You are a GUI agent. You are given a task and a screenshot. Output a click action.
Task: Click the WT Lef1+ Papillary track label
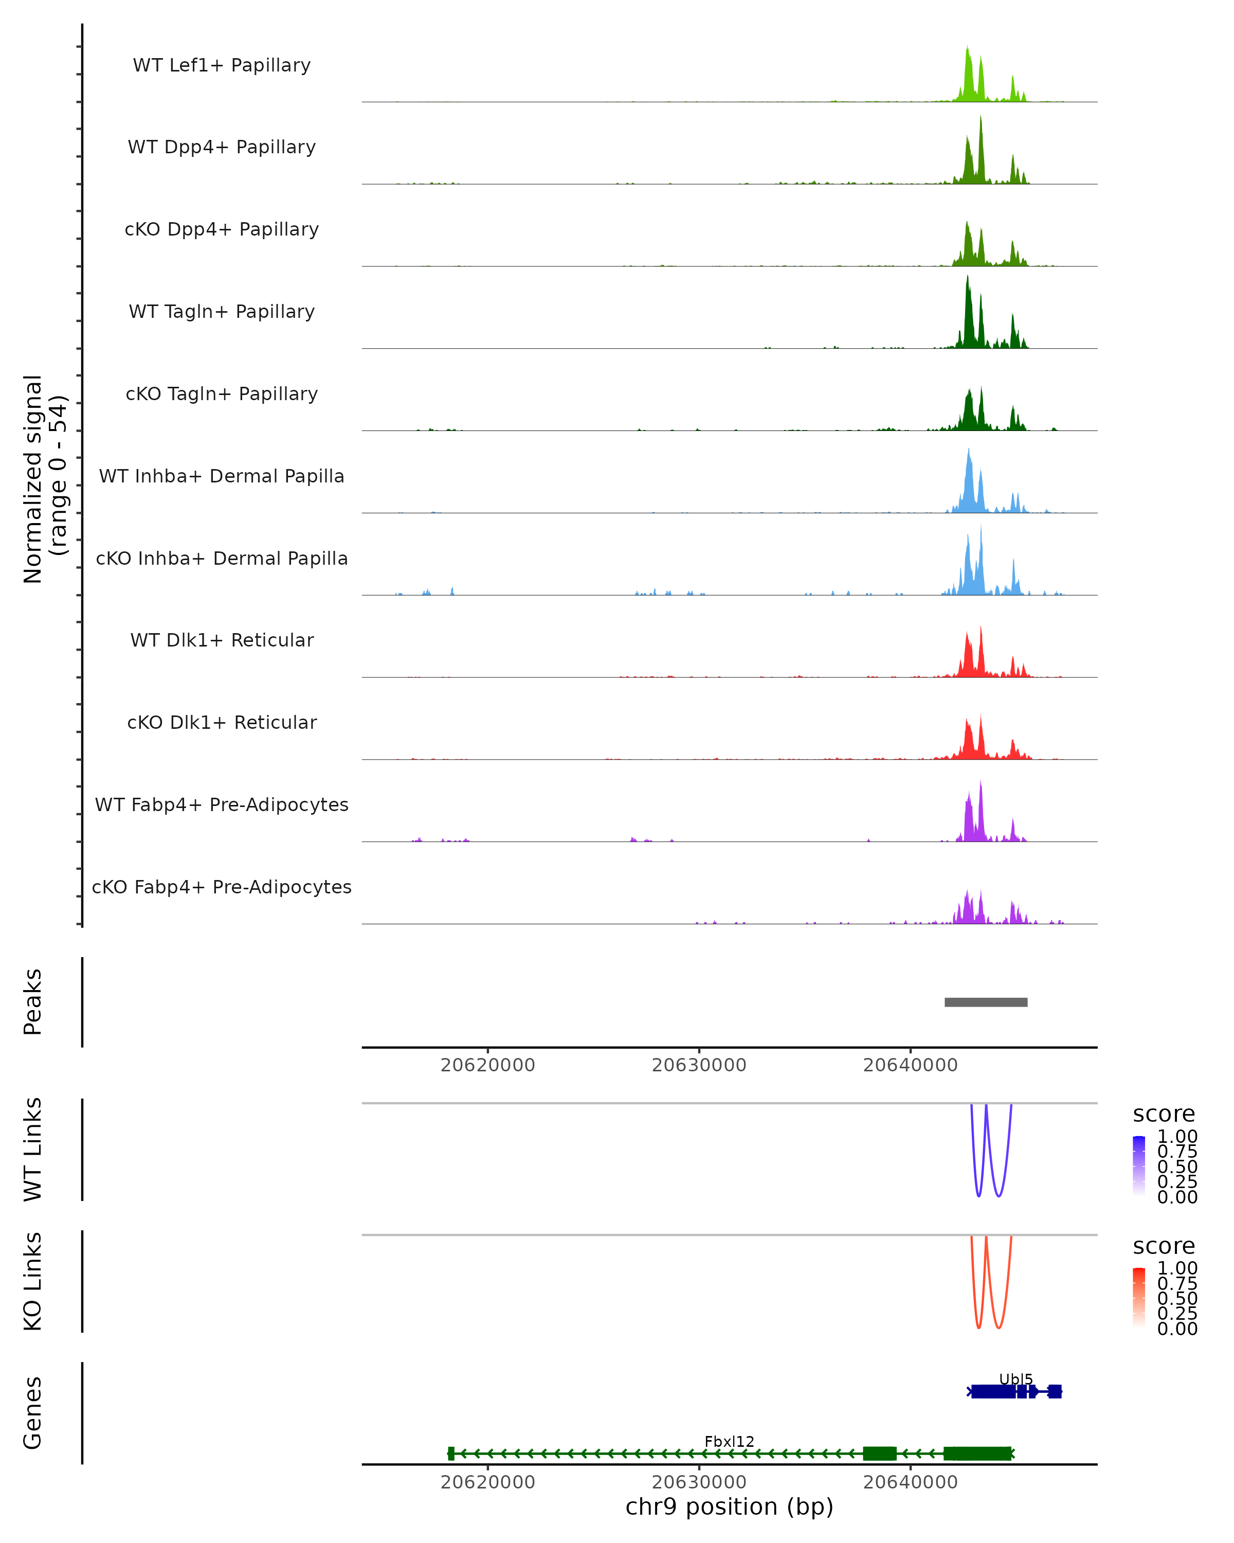pos(222,65)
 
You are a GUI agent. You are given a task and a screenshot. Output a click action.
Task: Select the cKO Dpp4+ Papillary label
pos(222,230)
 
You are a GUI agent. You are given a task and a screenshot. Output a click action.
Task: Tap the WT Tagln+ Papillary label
pos(222,312)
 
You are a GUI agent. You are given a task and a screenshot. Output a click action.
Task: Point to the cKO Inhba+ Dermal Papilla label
pos(222,559)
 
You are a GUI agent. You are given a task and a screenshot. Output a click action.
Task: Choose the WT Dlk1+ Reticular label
pos(222,640)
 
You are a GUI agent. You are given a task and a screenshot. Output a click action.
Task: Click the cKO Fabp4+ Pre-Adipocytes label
pos(222,887)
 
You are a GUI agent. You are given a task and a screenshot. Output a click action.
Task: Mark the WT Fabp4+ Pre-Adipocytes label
pos(222,805)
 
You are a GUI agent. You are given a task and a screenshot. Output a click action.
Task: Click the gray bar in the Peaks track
pos(986,1002)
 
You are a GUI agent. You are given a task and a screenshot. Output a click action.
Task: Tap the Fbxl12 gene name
pos(729,1441)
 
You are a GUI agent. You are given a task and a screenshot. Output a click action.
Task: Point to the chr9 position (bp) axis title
pos(729,1506)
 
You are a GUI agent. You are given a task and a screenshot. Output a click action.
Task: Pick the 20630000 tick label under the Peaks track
pos(699,1065)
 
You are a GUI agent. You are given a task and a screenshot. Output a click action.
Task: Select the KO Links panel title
pos(33,1282)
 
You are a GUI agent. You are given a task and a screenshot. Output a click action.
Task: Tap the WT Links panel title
pos(33,1150)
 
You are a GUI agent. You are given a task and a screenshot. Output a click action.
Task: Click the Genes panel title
pos(33,1413)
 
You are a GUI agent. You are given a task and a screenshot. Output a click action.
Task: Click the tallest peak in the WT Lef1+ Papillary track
pos(967,50)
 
